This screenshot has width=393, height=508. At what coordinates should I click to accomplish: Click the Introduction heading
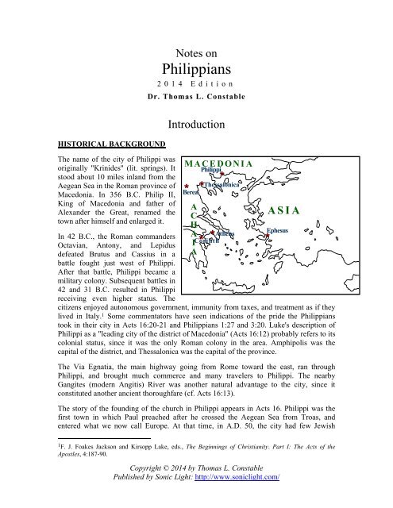click(196, 124)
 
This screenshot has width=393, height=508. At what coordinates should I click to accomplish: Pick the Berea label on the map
click(191, 192)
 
